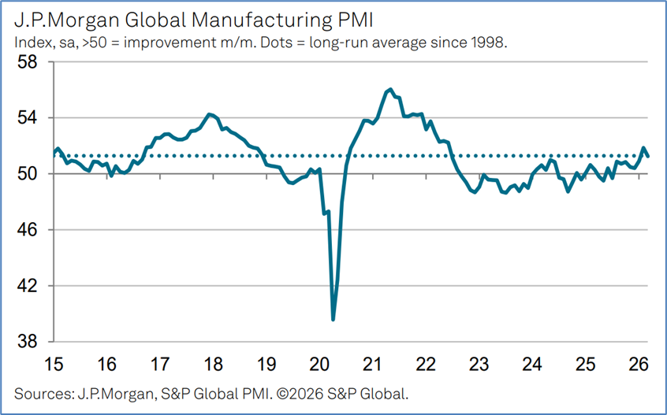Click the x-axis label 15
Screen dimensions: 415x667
pos(54,365)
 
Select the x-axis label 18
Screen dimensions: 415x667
pos(213,365)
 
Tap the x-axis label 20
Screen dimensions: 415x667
pos(319,365)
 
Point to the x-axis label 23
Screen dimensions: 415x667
pos(479,365)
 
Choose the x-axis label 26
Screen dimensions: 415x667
pos(639,365)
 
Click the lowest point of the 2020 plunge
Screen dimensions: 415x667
pos(333,319)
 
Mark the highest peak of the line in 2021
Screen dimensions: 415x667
pos(391,89)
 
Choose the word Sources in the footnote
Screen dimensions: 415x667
pos(39,392)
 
